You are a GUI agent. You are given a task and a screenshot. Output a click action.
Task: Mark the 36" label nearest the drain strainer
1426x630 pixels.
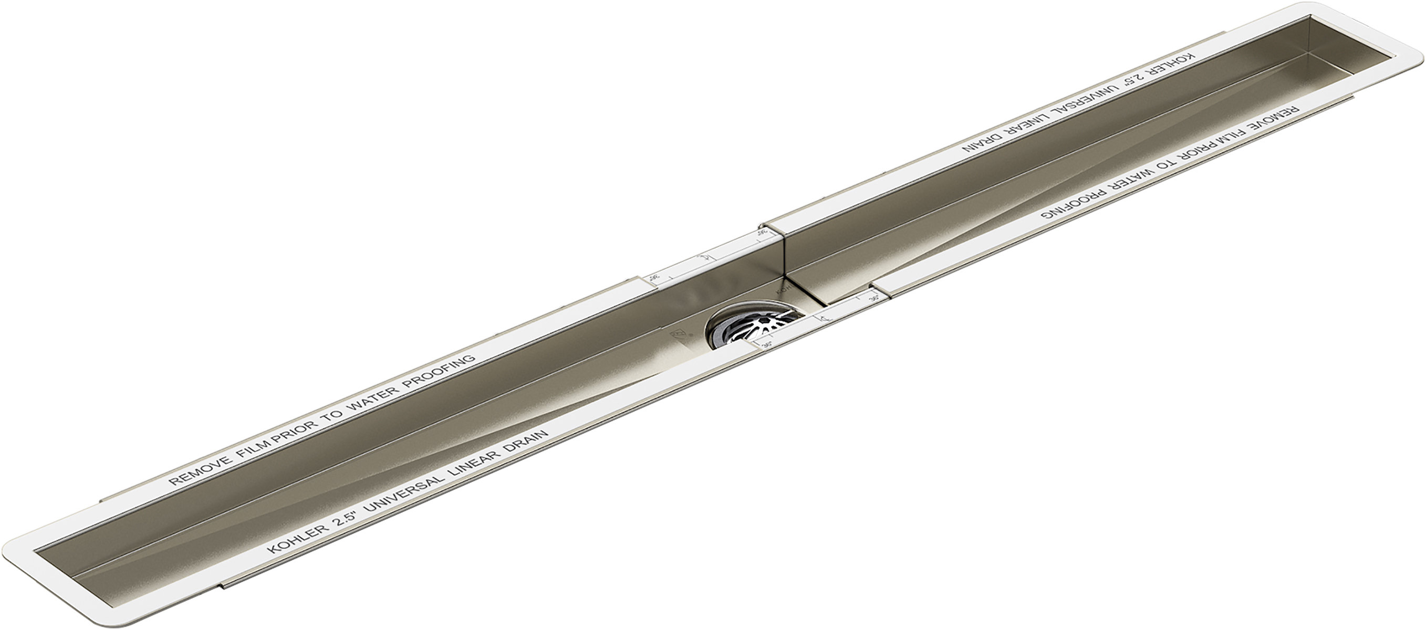pos(767,345)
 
